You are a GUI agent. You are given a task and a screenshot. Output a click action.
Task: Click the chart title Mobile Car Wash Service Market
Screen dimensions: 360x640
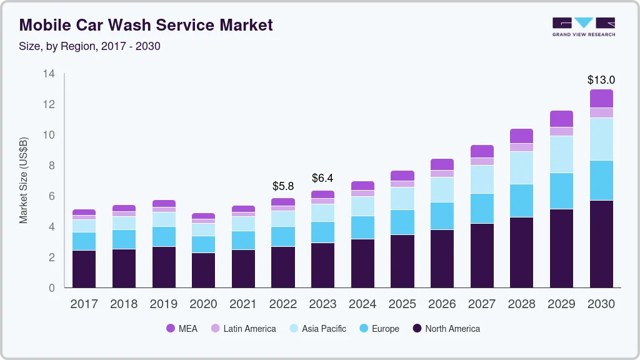pos(146,25)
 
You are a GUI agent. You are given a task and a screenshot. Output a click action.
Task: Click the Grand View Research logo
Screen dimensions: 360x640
pos(583,26)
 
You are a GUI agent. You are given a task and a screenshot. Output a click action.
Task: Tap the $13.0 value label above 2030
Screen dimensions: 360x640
pos(601,80)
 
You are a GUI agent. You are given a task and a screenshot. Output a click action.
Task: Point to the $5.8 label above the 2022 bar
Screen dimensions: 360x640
pos(283,186)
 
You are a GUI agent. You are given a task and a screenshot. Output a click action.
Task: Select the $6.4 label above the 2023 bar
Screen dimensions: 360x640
pos(323,179)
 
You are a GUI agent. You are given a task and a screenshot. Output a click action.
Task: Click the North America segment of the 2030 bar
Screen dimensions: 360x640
pos(601,244)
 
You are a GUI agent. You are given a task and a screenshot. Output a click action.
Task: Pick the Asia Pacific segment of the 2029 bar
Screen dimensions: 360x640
pos(561,154)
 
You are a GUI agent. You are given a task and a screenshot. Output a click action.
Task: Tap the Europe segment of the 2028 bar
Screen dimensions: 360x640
pos(521,201)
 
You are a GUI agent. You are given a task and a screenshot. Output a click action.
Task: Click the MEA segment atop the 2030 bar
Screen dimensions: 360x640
pos(601,98)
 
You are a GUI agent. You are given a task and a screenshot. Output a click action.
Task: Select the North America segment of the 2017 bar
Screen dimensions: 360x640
pos(84,269)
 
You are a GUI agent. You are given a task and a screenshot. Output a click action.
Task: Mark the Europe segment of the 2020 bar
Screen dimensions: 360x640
pos(203,244)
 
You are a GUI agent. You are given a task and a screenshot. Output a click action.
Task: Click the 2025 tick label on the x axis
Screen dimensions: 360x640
pos(402,304)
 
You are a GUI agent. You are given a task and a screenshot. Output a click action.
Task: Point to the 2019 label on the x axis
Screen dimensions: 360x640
pos(164,304)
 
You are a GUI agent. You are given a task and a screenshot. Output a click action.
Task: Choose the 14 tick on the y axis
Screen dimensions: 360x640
pos(49,74)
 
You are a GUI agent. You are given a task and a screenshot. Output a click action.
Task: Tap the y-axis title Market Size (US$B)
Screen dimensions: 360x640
pos(24,180)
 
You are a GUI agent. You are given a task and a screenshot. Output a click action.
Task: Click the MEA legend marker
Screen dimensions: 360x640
pos(170,328)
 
